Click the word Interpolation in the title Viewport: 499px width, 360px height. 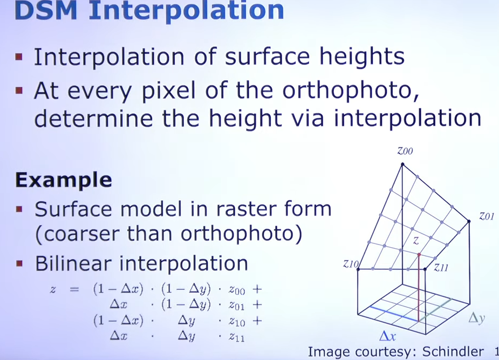click(186, 12)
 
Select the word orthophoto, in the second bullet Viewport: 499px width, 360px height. click(351, 91)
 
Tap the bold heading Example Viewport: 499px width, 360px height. click(63, 180)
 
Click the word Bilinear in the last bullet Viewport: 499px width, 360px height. click(73, 263)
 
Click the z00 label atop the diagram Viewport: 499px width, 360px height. click(405, 151)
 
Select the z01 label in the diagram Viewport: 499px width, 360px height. click(487, 216)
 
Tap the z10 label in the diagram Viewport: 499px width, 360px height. click(351, 264)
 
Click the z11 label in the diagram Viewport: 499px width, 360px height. click(441, 267)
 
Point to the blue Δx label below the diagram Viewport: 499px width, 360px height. click(388, 336)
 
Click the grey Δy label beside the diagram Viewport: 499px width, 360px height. click(476, 318)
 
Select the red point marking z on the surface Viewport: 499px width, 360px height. click(419, 255)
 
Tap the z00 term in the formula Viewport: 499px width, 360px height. click(237, 290)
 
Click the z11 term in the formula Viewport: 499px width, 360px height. click(237, 337)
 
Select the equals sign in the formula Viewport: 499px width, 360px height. click(74, 289)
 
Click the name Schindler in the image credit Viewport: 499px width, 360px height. click(453, 352)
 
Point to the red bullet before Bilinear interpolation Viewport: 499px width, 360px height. click(19, 263)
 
